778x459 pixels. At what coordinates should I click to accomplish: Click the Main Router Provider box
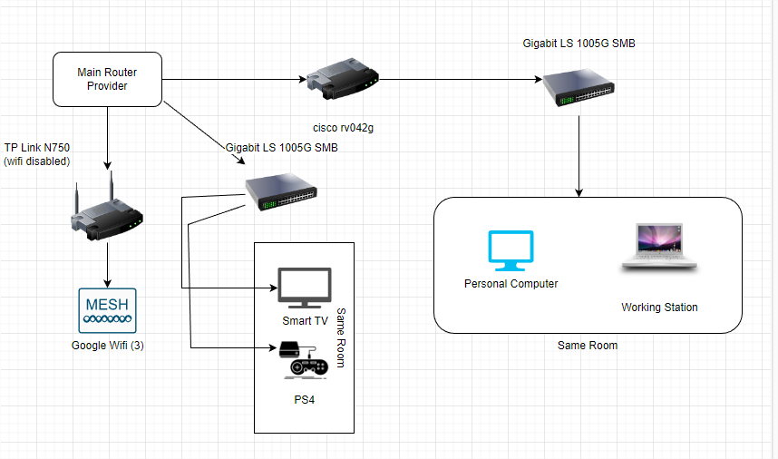tap(107, 78)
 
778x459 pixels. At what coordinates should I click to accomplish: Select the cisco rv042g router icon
tap(342, 80)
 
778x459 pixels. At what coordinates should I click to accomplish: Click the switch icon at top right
tap(579, 88)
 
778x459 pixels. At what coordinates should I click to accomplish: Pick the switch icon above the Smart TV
tap(281, 192)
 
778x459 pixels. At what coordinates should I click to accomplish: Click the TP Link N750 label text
tap(38, 154)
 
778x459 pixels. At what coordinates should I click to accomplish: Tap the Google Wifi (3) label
tap(107, 346)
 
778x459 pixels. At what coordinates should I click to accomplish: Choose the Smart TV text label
tap(305, 321)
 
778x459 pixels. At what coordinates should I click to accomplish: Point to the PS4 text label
tap(304, 398)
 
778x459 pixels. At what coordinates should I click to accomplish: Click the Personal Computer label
tap(511, 284)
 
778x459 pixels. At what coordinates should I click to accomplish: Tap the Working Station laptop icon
tap(659, 248)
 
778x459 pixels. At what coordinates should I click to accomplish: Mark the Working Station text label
tap(659, 308)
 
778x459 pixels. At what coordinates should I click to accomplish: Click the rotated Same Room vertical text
tap(341, 337)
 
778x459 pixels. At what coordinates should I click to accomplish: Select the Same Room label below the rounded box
tap(588, 346)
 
